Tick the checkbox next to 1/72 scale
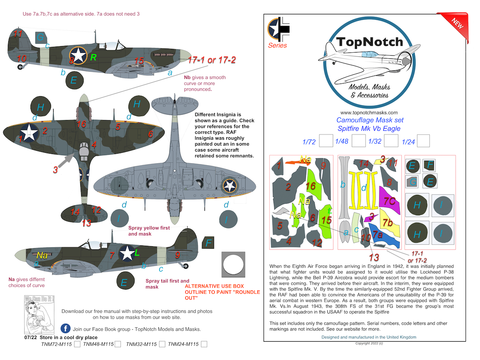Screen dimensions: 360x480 point(326,141)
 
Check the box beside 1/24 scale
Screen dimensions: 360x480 point(423,141)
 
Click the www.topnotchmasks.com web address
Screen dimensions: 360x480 point(369,113)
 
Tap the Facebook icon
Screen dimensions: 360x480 point(65,329)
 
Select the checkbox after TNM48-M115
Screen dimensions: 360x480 point(118,344)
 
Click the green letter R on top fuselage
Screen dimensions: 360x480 point(93,57)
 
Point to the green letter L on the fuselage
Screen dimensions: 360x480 point(137,252)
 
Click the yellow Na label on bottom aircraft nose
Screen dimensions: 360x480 point(42,255)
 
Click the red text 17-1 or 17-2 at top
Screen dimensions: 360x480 point(212,60)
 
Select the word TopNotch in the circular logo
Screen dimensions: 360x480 point(370,42)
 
